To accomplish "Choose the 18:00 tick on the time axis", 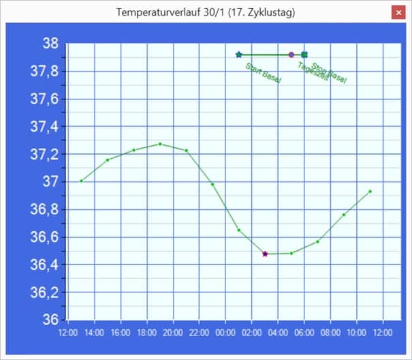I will pyautogui.click(x=147, y=333).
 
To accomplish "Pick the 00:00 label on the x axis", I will pyautogui.click(x=225, y=333).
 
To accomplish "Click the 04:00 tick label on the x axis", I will pyautogui.click(x=278, y=333).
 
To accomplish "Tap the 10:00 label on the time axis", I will pyautogui.click(x=357, y=333).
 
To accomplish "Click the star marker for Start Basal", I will pyautogui.click(x=238, y=55).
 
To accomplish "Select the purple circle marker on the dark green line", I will pyautogui.click(x=291, y=55).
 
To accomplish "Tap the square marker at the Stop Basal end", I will pyautogui.click(x=304, y=55).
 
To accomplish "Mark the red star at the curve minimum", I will pyautogui.click(x=265, y=254).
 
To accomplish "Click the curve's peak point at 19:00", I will pyautogui.click(x=160, y=144).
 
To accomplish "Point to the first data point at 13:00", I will pyautogui.click(x=81, y=181).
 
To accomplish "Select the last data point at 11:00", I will pyautogui.click(x=370, y=192).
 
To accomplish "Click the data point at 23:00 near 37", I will pyautogui.click(x=212, y=184).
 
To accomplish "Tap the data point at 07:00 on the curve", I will pyautogui.click(x=317, y=241).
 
